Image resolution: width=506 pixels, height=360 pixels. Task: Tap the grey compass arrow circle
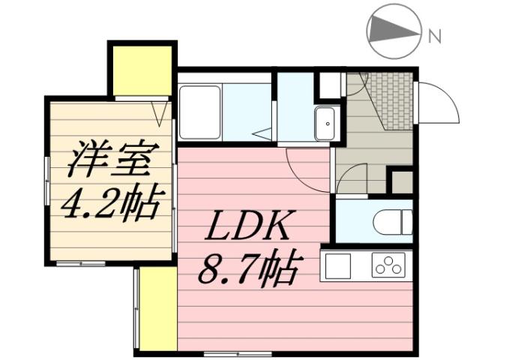394,30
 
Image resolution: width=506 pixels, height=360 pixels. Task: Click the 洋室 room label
112,160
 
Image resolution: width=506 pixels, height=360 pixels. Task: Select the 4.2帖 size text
112,201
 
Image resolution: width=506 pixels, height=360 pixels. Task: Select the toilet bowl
391,222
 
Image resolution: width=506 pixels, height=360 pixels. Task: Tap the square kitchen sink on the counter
337,265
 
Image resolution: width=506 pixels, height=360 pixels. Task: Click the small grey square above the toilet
403,181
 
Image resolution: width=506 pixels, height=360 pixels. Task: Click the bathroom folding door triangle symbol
262,133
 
